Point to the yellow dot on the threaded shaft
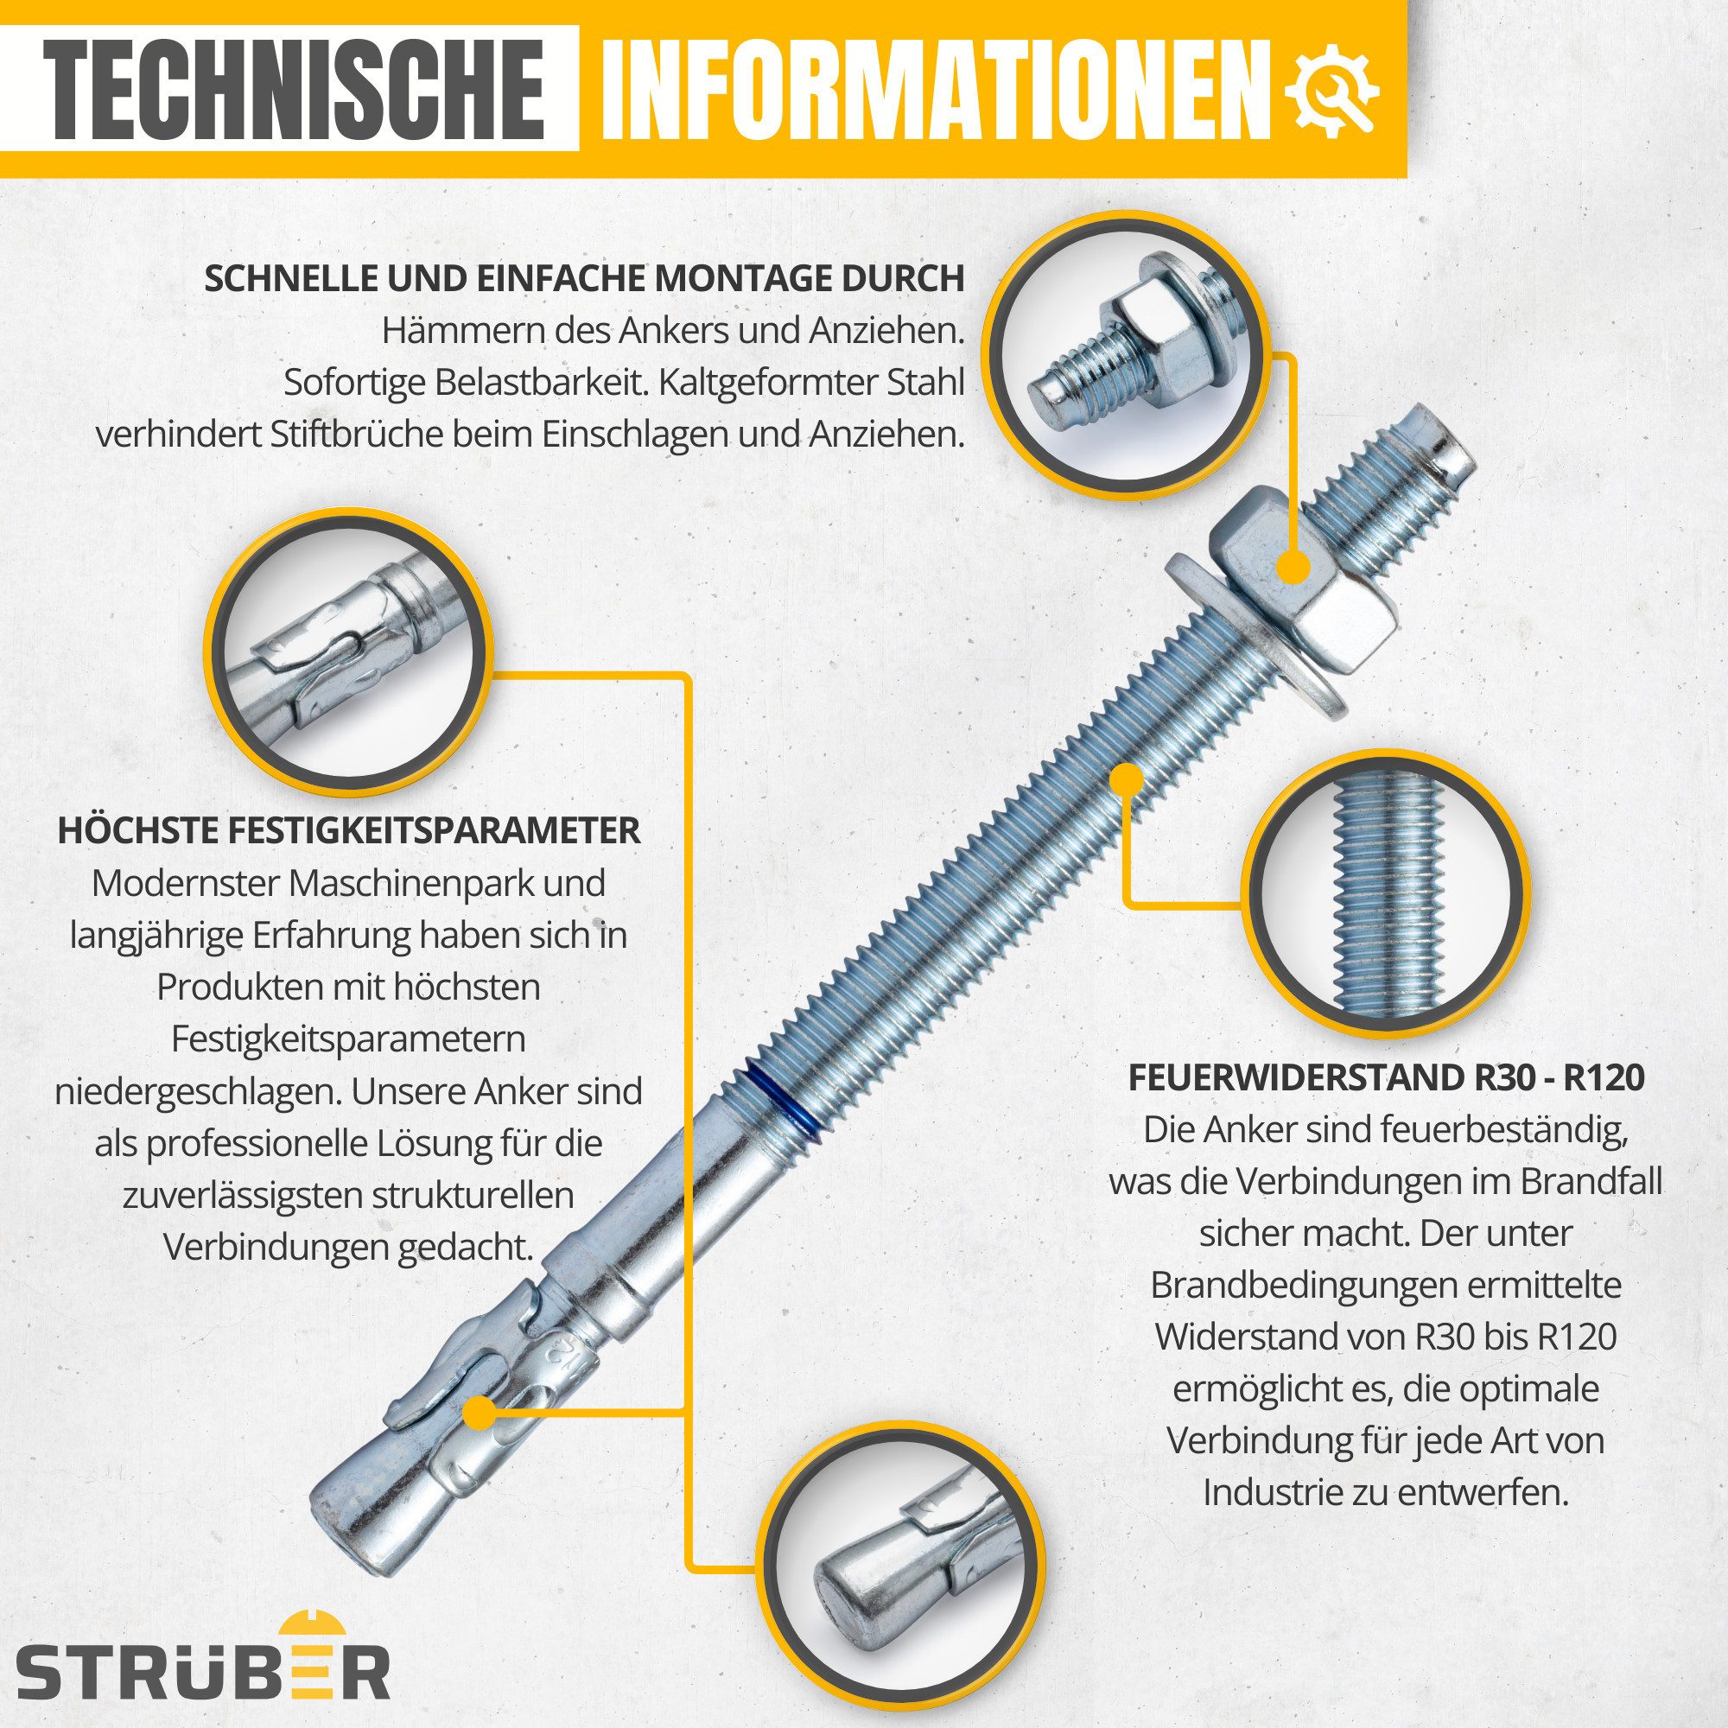pyautogui.click(x=1123, y=779)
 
